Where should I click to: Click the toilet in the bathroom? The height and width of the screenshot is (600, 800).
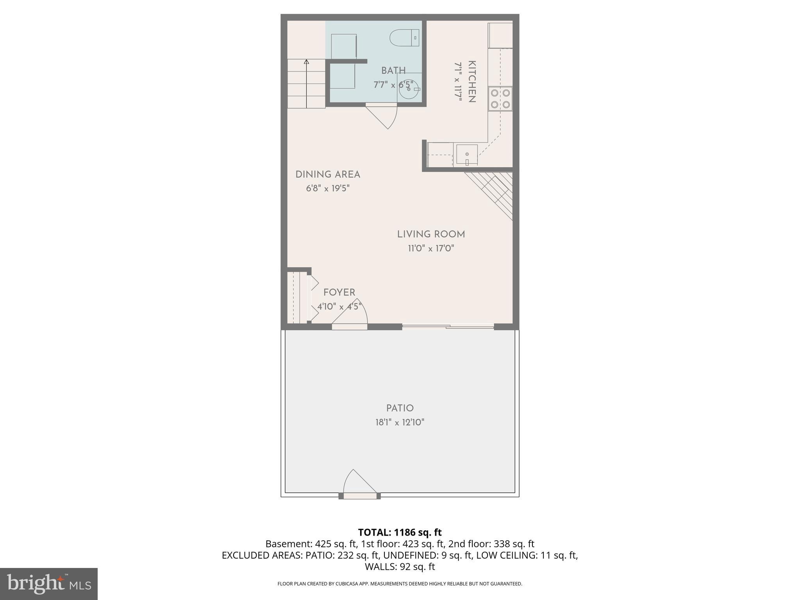click(x=404, y=38)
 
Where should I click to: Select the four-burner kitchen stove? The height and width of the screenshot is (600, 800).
click(x=500, y=98)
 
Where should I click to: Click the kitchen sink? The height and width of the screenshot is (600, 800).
click(x=467, y=154)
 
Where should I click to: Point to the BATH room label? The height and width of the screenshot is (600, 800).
click(x=393, y=71)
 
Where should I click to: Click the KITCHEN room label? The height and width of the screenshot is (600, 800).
click(x=471, y=82)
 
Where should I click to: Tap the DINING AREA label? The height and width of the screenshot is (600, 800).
click(x=328, y=175)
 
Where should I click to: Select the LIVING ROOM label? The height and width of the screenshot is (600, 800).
click(x=431, y=234)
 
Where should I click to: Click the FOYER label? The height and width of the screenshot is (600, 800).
click(x=339, y=293)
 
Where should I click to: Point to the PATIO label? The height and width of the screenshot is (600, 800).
click(x=400, y=408)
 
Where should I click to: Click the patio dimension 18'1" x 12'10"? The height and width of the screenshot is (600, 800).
click(x=400, y=422)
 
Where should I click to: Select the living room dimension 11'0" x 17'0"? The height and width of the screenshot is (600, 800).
click(x=431, y=248)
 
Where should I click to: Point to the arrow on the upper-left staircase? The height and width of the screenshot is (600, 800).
click(x=307, y=62)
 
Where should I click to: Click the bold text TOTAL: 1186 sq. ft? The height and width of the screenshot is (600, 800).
click(x=400, y=532)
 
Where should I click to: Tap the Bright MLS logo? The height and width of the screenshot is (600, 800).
click(x=49, y=584)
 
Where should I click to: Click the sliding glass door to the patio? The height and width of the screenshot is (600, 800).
click(x=448, y=326)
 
